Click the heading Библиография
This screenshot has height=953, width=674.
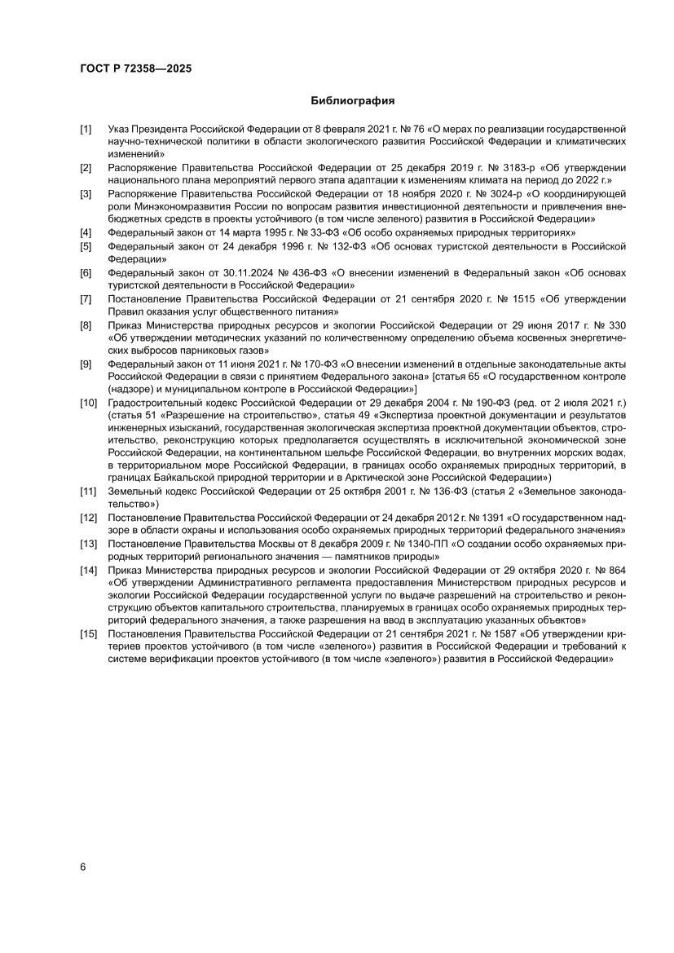click(353, 101)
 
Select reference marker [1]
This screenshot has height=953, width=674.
click(86, 129)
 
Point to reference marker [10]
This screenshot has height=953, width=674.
click(88, 404)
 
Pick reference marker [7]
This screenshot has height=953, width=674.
click(86, 300)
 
